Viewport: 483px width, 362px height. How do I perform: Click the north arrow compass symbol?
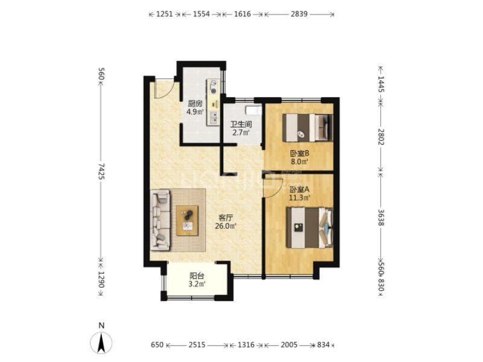(101, 343)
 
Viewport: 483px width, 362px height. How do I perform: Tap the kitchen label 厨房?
(195, 104)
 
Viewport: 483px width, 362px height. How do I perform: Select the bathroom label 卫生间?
(241, 124)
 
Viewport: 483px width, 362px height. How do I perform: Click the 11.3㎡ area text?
(299, 198)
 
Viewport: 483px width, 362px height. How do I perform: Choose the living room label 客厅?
(225, 218)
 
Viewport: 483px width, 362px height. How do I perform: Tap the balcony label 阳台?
(197, 276)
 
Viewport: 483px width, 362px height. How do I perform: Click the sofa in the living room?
(160, 220)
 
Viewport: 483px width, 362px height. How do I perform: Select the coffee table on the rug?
(187, 220)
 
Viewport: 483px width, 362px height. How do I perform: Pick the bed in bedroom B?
(308, 128)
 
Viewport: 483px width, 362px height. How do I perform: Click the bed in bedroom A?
(310, 228)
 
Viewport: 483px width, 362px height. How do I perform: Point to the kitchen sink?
(213, 118)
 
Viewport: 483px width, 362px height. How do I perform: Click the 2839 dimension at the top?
(299, 14)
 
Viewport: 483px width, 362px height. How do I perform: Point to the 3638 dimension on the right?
(381, 217)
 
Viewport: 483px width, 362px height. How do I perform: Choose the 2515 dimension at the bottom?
(197, 345)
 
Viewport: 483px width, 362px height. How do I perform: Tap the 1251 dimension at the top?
(164, 14)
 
